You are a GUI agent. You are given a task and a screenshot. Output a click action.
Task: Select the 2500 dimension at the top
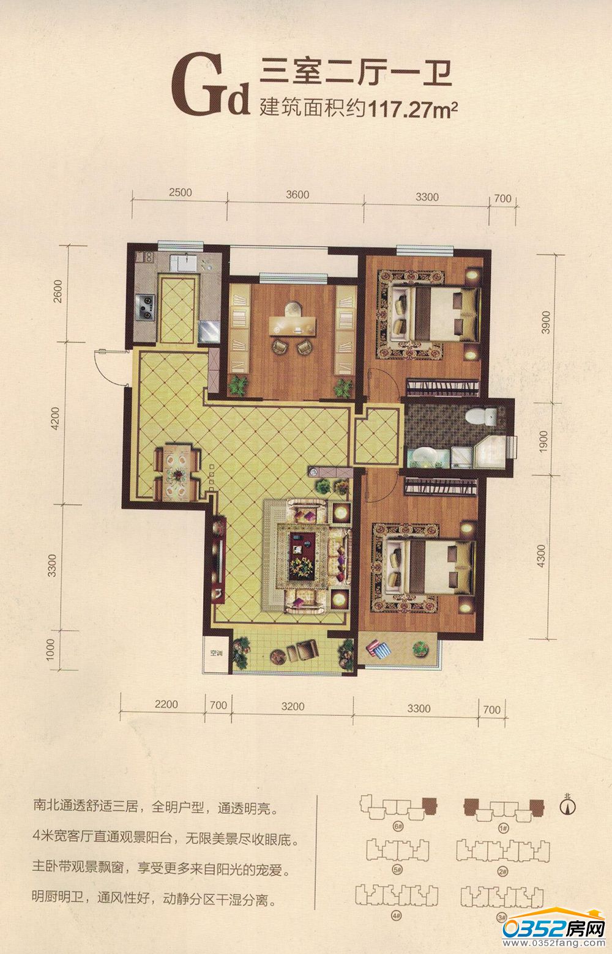(180, 192)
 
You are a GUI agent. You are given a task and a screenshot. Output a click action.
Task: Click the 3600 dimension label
(297, 195)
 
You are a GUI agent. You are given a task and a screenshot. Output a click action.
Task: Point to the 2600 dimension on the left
(58, 291)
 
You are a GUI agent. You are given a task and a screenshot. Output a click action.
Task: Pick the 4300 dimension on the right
(540, 556)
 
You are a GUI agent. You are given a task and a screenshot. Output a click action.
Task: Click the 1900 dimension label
(543, 442)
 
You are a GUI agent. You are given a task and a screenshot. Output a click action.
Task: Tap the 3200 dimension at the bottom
(293, 707)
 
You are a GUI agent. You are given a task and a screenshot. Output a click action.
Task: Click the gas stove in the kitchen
(145, 307)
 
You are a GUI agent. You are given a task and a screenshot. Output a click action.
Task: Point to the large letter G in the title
(198, 84)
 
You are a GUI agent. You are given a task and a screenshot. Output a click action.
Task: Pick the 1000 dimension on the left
(51, 650)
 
